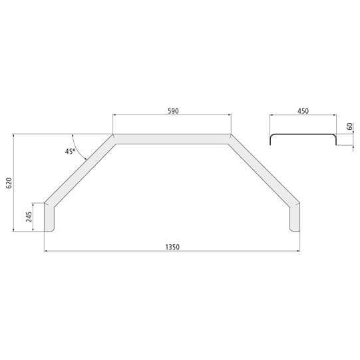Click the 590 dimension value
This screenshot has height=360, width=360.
(x=172, y=110)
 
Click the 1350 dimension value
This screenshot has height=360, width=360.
(x=172, y=246)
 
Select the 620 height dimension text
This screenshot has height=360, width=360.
(x=9, y=184)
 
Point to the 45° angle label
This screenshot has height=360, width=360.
(x=69, y=152)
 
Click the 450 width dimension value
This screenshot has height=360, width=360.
(x=303, y=110)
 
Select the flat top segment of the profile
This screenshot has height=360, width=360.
(x=172, y=138)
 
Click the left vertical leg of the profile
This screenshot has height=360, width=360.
(x=49, y=217)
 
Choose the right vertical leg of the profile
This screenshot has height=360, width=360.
(x=295, y=217)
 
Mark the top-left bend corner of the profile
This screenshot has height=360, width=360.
(x=114, y=138)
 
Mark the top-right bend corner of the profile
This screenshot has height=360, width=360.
(x=230, y=138)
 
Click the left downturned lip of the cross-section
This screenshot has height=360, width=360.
(x=270, y=140)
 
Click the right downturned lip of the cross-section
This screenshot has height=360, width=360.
(x=335, y=140)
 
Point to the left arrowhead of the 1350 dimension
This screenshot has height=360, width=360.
(x=47, y=251)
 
